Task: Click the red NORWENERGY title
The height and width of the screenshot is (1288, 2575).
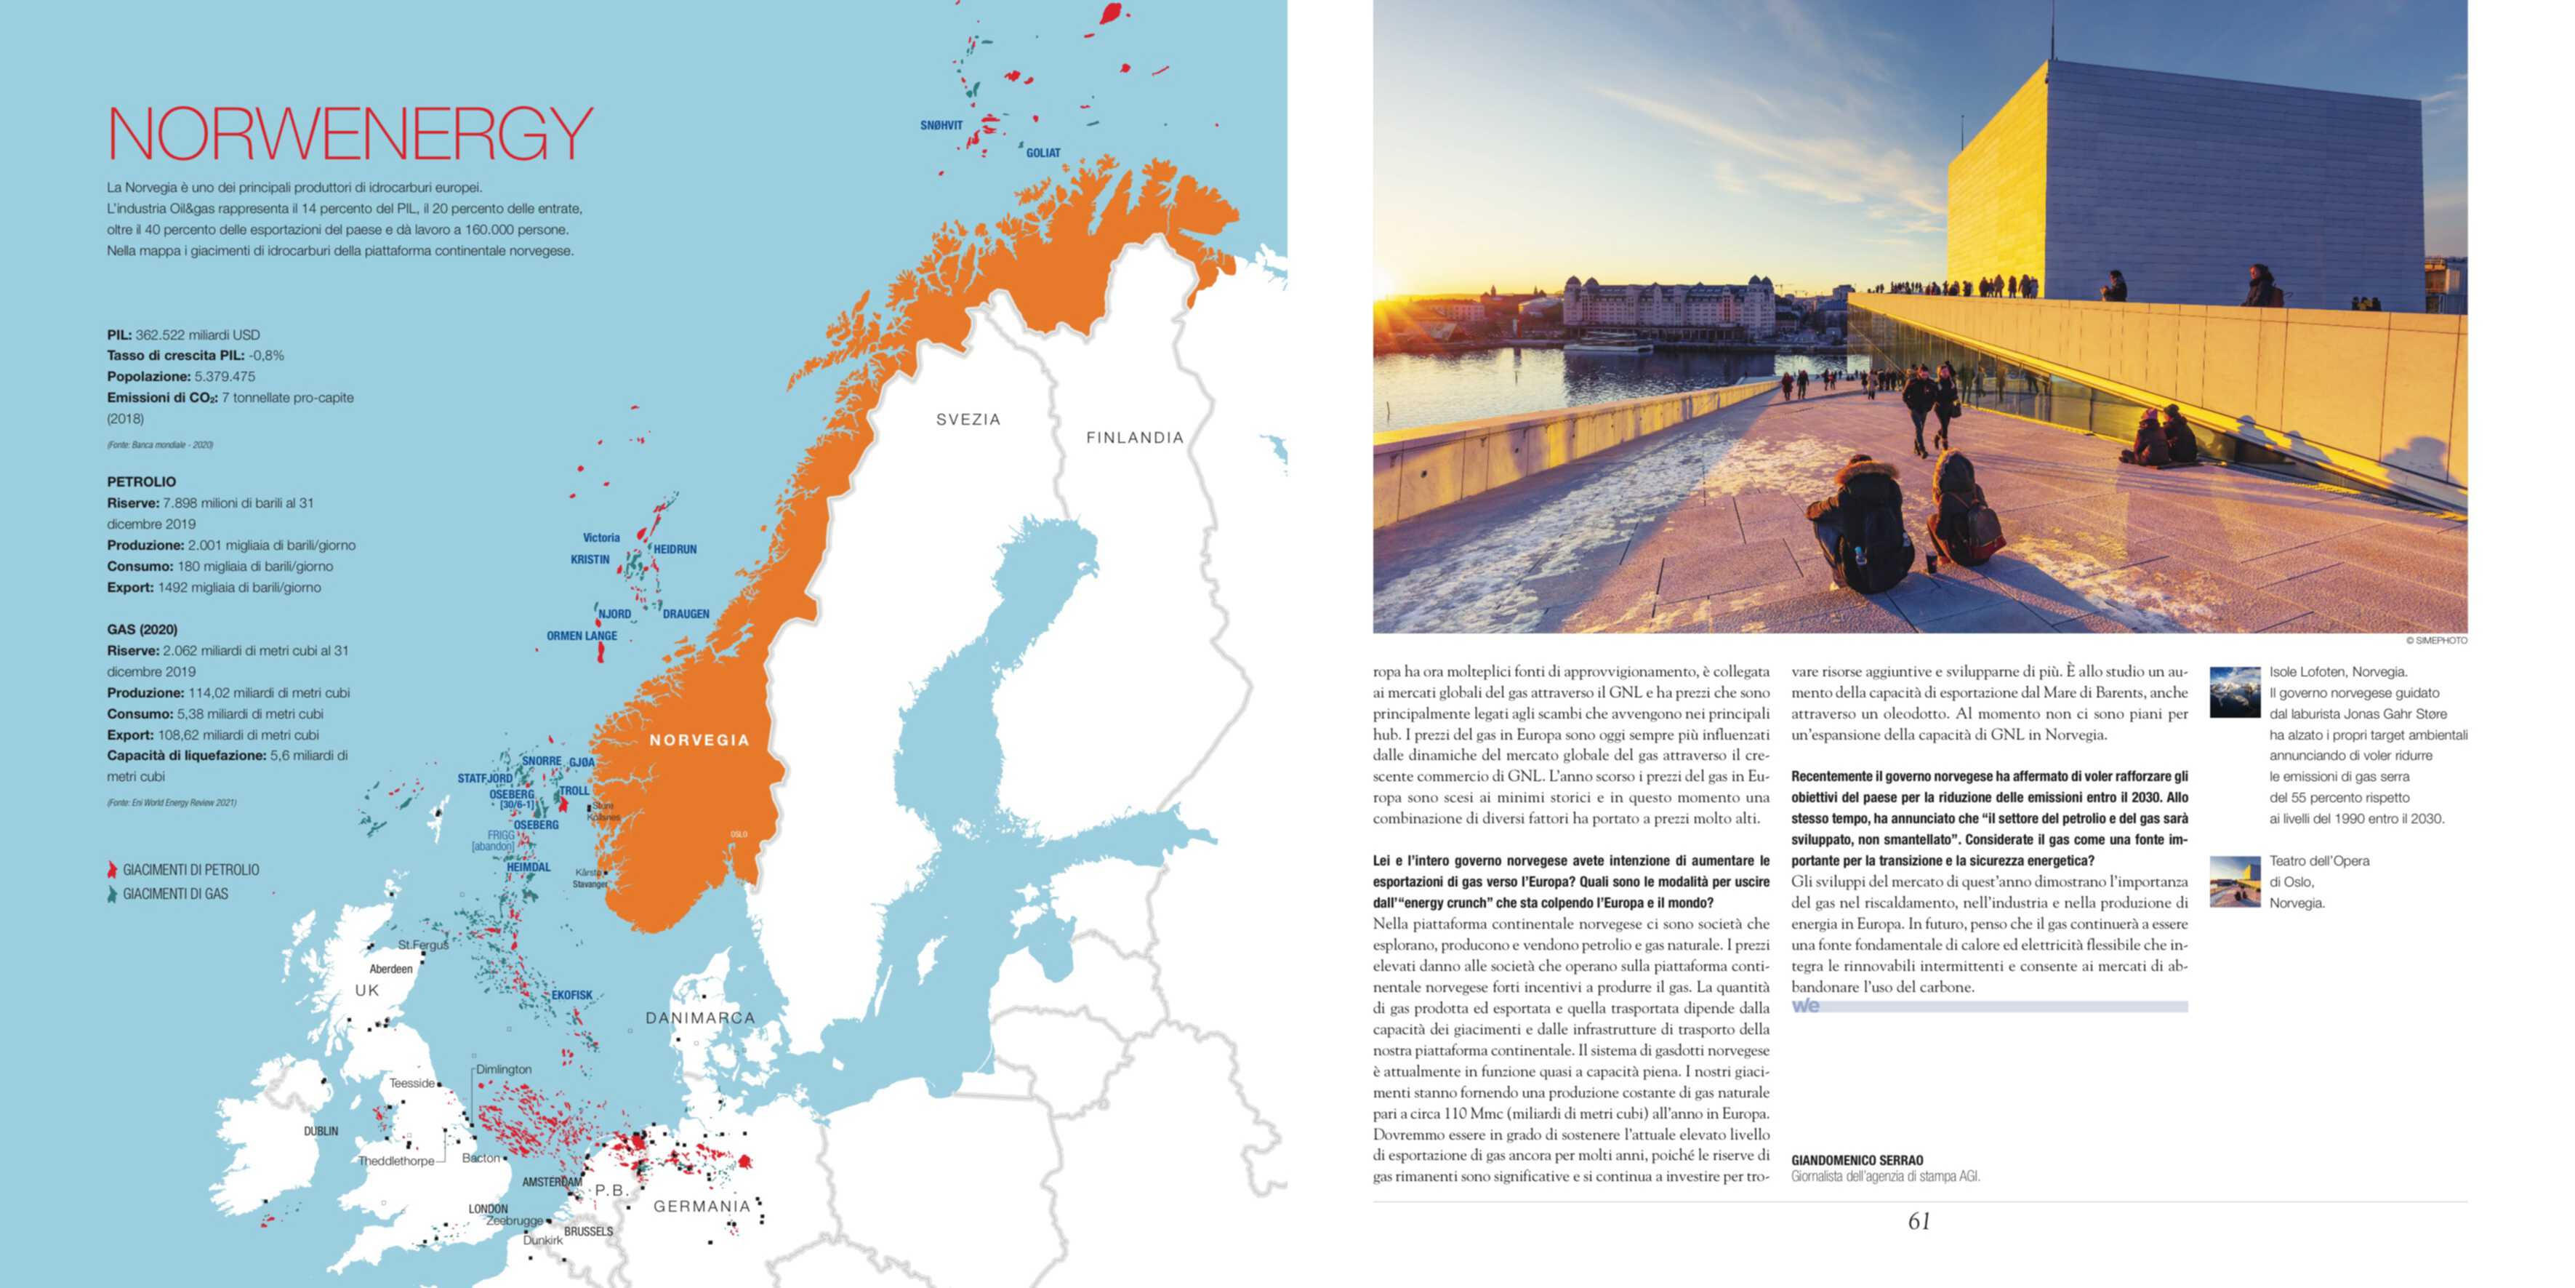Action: [x=350, y=133]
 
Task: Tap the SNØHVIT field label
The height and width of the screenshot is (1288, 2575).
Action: [x=941, y=126]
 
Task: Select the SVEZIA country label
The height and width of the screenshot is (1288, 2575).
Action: [x=968, y=419]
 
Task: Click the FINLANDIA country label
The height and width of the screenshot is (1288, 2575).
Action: [x=1135, y=437]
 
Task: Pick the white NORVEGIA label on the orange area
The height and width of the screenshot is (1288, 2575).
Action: [x=699, y=740]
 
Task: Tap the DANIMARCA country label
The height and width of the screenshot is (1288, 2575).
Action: [x=699, y=1018]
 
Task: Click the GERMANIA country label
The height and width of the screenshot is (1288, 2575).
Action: [x=701, y=1206]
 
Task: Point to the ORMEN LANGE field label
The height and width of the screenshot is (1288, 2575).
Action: [x=582, y=636]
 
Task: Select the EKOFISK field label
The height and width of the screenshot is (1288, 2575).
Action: [x=571, y=995]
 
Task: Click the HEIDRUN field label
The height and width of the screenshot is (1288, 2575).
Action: [x=675, y=549]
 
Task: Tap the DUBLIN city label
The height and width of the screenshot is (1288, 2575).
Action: [x=321, y=1131]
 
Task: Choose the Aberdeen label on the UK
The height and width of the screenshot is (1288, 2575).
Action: [x=391, y=969]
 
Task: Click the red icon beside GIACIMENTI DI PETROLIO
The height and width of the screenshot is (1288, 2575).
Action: [x=112, y=870]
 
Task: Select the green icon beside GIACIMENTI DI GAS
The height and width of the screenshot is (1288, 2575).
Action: [x=112, y=894]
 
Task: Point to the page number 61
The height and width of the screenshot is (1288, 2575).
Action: [x=1919, y=1221]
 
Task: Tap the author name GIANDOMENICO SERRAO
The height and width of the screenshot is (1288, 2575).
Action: [x=1856, y=1161]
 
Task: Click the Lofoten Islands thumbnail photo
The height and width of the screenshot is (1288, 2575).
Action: [x=2234, y=692]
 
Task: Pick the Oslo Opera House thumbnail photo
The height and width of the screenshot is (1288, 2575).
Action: [x=2234, y=881]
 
